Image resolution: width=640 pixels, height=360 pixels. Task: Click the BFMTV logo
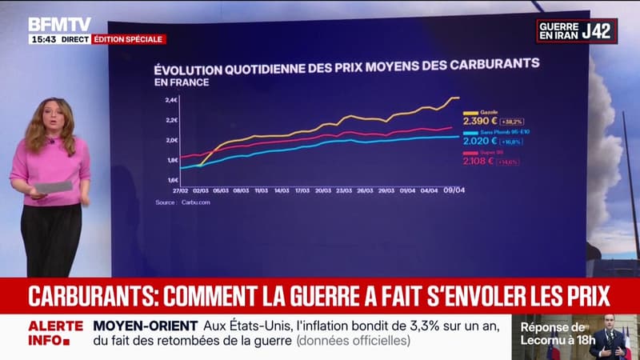(60, 25)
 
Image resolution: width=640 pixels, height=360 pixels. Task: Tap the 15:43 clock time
(42, 39)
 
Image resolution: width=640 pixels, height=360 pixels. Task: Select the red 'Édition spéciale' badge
(129, 39)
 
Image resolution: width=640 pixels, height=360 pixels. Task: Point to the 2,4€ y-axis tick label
(170, 100)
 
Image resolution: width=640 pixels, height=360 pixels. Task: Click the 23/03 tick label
(344, 191)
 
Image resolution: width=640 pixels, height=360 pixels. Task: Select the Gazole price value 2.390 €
(479, 120)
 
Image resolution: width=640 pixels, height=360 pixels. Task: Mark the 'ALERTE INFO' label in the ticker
(55, 333)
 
